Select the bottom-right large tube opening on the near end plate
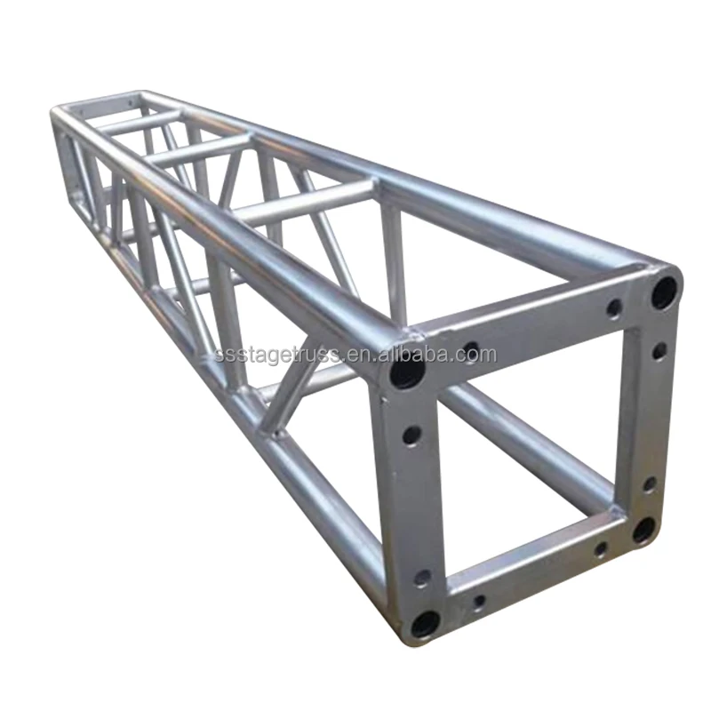[643, 530]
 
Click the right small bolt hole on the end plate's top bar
[613, 308]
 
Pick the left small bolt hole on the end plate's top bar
[471, 349]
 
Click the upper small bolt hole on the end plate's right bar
[659, 351]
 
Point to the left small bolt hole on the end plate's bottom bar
[479, 602]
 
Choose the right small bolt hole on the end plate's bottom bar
[601, 550]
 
